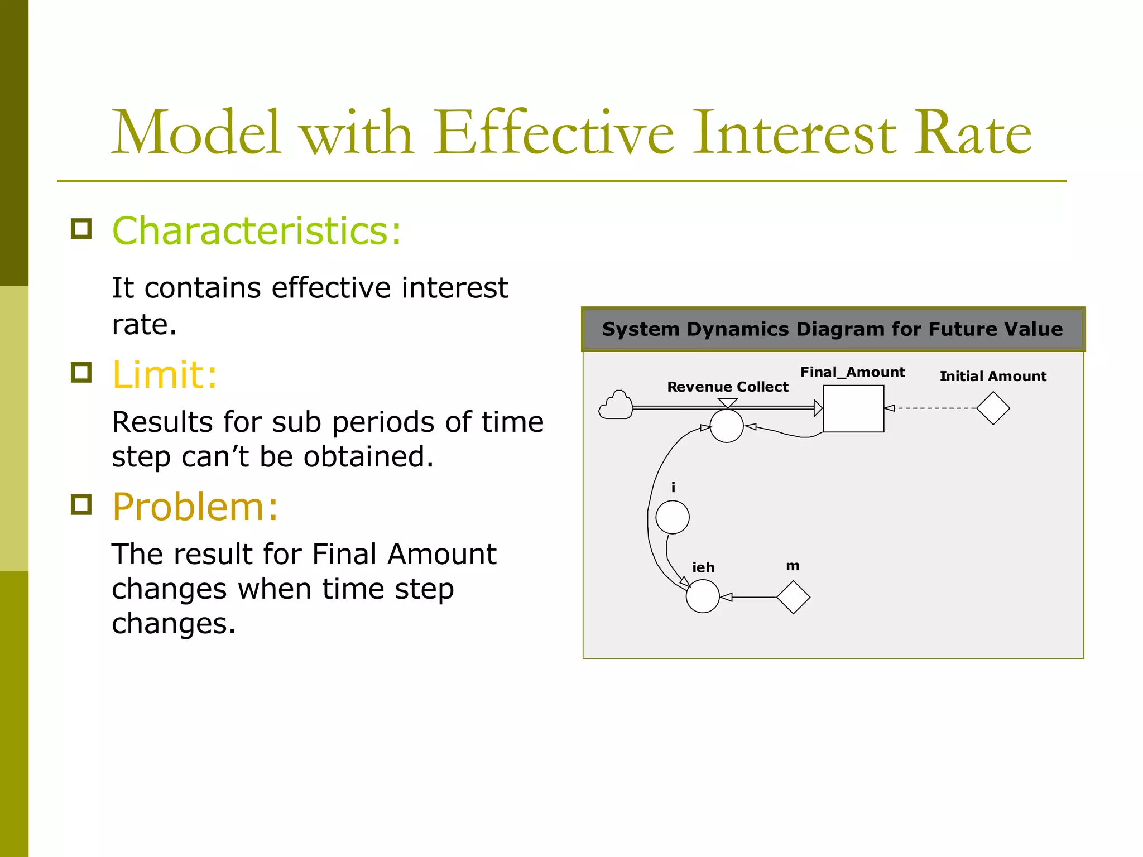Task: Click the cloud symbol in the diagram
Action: coord(616,406)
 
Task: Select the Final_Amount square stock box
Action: coord(853,408)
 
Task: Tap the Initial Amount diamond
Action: coord(993,408)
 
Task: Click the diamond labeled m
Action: coord(793,597)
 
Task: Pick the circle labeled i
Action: coord(672,517)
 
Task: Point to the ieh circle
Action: coord(702,596)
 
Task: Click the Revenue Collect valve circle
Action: coord(727,426)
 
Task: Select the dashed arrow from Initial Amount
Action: coord(932,408)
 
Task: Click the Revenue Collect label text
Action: coord(727,387)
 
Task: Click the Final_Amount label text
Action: coord(852,372)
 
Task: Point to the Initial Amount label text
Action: coord(993,376)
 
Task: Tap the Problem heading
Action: coord(195,507)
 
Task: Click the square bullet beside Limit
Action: coord(81,372)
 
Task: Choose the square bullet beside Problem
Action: coord(81,504)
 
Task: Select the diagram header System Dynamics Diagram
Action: coord(832,329)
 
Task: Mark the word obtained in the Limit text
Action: coord(368,456)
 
